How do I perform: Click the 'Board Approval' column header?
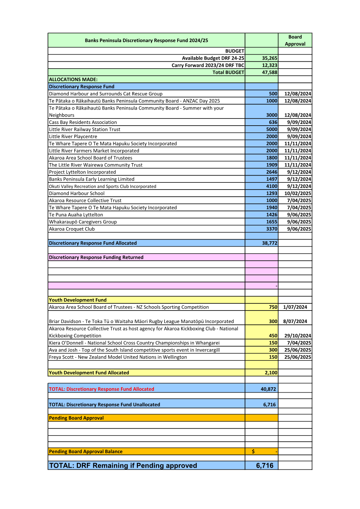pos(295,40)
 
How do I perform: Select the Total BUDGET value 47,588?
pos(270,72)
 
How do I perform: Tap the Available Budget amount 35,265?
pos(270,58)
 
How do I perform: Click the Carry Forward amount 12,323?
pos(270,65)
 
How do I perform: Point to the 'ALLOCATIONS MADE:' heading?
pos(73,80)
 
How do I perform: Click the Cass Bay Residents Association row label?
pos(83,122)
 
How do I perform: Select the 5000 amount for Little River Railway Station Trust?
pos(271,130)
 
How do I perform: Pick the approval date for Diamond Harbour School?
pos(297,193)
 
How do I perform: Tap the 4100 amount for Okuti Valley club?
pos(271,186)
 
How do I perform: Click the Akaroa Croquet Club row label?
pos(72,229)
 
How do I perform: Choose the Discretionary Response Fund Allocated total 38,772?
pos(270,243)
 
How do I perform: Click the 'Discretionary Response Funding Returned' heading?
pos(96,257)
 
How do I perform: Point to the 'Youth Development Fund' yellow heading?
pos(77,300)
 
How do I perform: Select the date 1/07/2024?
pos(295,307)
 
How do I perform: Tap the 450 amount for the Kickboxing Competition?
pos(273,336)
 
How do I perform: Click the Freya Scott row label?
pos(118,357)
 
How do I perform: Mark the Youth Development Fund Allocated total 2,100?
pos(271,373)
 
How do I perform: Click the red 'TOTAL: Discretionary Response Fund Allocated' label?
pos(101,389)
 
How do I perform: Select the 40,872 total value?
pos(268,389)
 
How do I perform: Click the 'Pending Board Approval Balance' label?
pos(86,452)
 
